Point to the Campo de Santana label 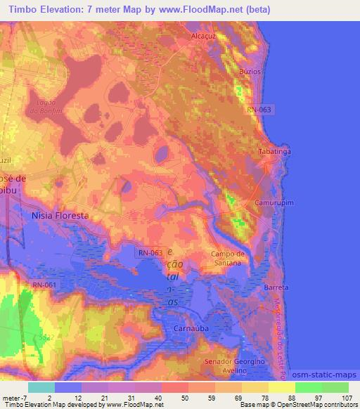tap(227, 258)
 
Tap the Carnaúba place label tap(189, 328)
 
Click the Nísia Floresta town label tap(60, 216)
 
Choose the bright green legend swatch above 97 tap(309, 387)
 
